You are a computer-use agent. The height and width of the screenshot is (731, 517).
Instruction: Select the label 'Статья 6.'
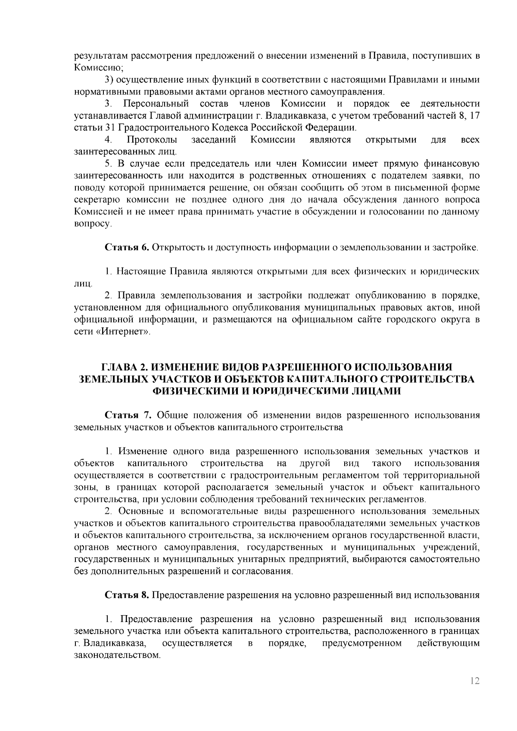click(x=128, y=248)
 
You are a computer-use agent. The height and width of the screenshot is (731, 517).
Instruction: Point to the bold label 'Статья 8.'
click(x=128, y=595)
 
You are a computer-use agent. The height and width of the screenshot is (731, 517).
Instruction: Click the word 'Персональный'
click(x=156, y=104)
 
